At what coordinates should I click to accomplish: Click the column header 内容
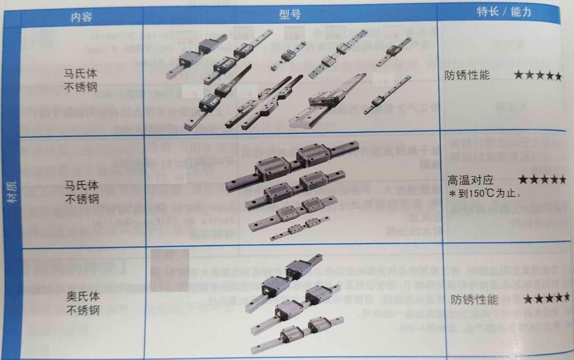click(81, 17)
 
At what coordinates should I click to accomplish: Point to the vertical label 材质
click(13, 191)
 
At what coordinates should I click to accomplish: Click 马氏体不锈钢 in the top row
click(81, 80)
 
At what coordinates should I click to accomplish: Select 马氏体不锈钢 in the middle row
click(82, 192)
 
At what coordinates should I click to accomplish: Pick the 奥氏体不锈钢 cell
click(83, 303)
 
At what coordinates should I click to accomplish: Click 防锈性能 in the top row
click(467, 75)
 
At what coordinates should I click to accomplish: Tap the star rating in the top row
click(537, 75)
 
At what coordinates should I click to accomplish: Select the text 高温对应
click(470, 180)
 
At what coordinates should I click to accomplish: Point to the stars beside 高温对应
click(541, 180)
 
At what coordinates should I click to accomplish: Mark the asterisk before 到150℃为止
click(452, 194)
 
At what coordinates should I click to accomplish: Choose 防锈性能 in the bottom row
click(474, 299)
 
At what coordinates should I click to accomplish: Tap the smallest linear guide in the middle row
click(299, 230)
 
